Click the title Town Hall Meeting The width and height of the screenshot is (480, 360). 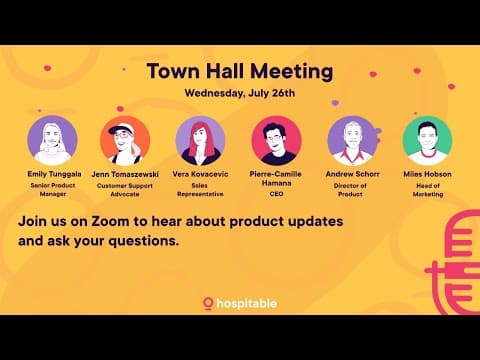[239, 71]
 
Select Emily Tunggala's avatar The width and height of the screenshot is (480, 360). [52, 140]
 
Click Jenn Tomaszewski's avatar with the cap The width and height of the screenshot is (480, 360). [126, 140]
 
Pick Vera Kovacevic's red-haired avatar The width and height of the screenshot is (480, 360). [200, 140]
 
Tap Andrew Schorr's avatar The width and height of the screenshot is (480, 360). [352, 140]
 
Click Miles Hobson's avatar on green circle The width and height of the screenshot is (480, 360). [427, 140]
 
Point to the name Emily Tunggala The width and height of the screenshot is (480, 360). [52, 173]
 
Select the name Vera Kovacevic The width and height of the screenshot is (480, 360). [200, 173]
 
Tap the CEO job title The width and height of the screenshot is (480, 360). [277, 194]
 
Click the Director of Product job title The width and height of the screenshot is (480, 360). [352, 189]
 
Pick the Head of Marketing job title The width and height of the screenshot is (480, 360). [427, 189]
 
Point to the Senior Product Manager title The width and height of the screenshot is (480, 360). [52, 189]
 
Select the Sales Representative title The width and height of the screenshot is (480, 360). [200, 189]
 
